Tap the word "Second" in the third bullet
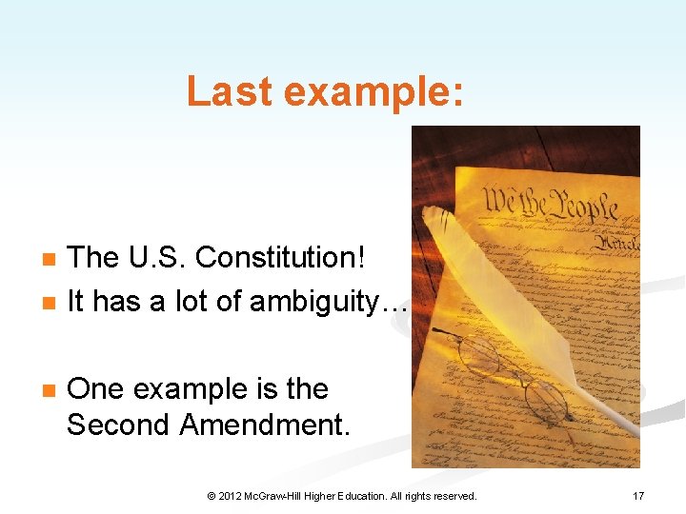pos(118,425)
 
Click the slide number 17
pos(637,496)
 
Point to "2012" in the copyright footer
pos(231,496)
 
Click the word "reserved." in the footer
pos(455,496)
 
